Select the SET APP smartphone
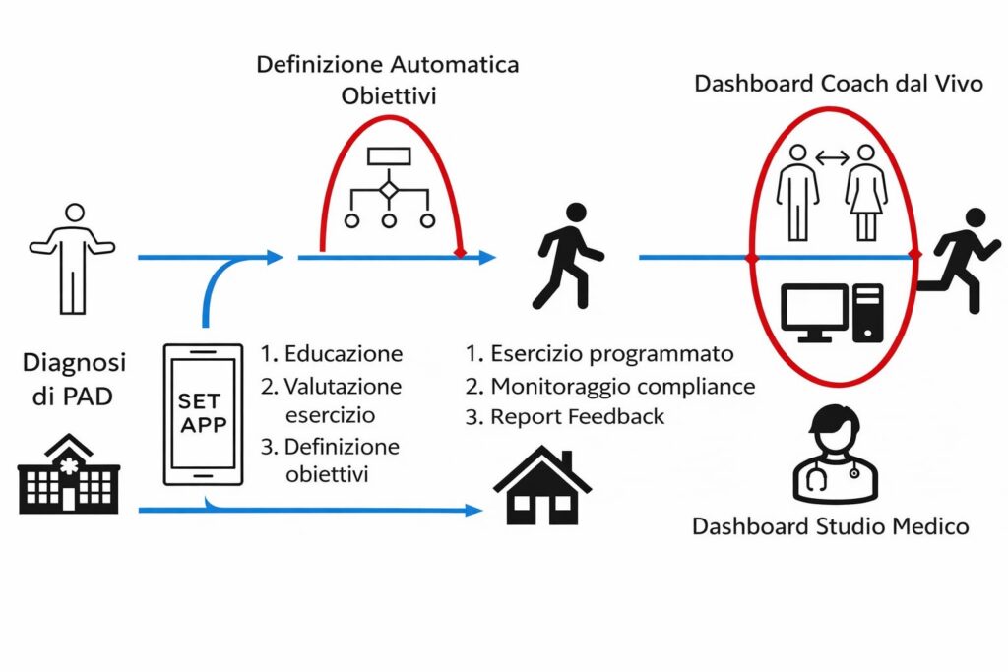203,414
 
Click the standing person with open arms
72,258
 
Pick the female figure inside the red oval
867,193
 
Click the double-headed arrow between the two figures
833,157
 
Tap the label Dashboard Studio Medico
830,526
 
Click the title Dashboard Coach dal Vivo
839,84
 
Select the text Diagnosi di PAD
74,378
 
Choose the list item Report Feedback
577,416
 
